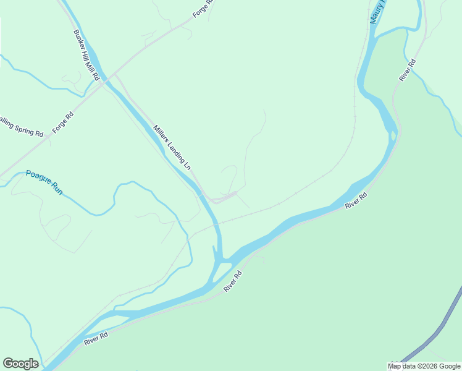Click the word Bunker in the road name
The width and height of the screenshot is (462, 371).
(79, 39)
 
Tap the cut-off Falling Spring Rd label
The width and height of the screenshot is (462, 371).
(21, 126)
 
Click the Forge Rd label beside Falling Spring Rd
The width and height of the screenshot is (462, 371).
(62, 122)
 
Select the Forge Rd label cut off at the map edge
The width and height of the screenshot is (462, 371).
(203, 8)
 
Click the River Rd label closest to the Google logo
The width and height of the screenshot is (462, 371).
(96, 338)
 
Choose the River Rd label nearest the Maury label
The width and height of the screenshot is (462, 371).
(408, 70)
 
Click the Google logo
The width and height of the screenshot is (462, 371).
(20, 364)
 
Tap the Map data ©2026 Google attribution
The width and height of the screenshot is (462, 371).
(424, 366)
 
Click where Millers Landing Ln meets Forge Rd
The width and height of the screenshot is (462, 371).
(114, 77)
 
